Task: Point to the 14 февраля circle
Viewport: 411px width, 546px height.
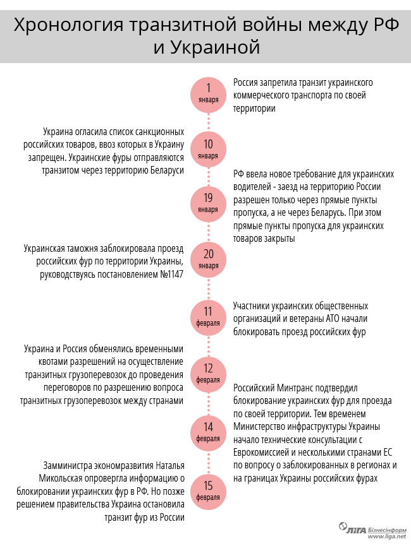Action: [208, 431]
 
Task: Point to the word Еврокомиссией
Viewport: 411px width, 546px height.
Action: [264, 453]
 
